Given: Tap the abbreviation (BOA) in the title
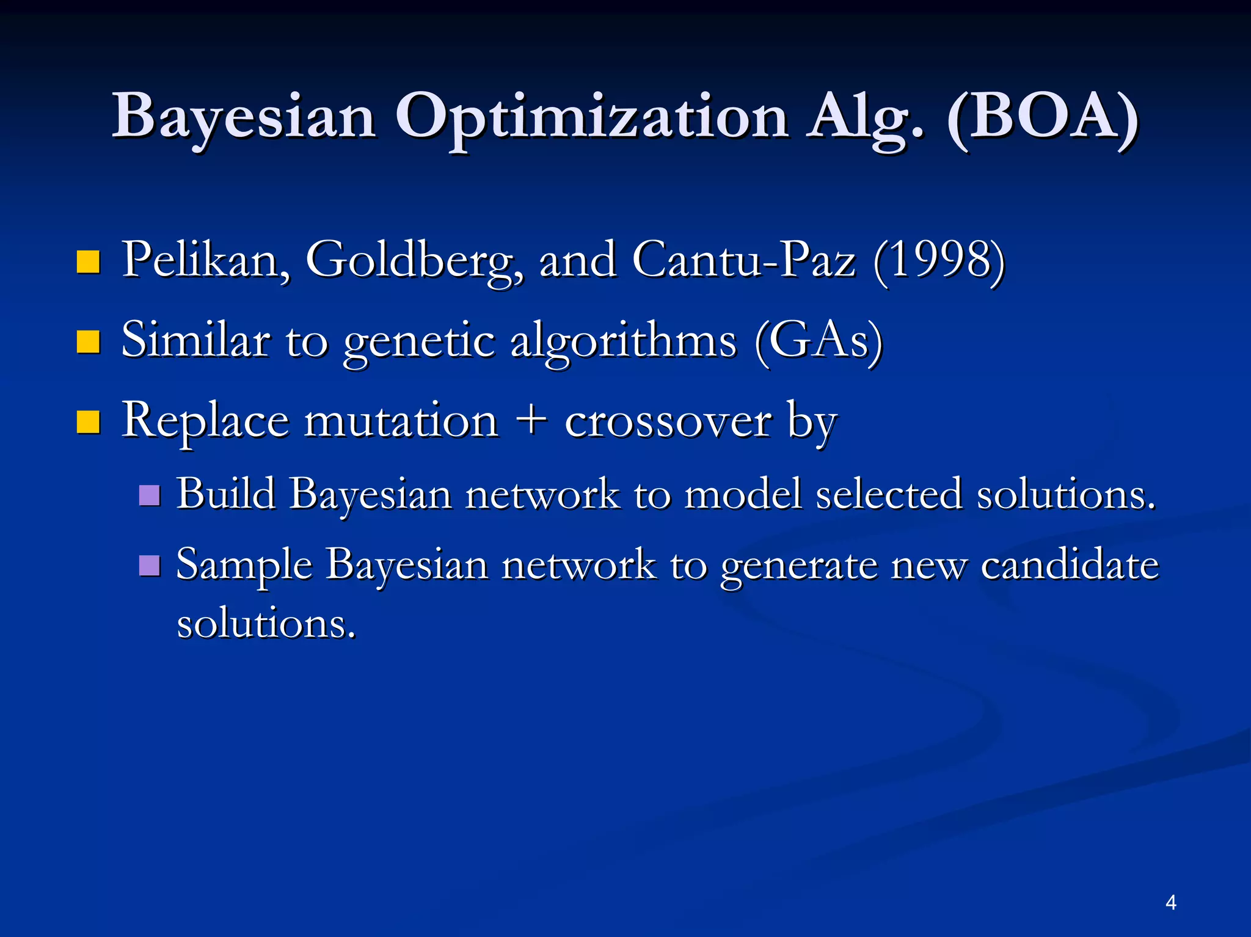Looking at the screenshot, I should [x=1042, y=117].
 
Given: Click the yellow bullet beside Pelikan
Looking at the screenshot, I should [x=89, y=262].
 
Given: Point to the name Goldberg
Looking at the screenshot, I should [x=414, y=261].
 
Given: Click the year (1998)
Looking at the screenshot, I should [x=939, y=261].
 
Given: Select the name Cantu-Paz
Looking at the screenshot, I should [x=743, y=261].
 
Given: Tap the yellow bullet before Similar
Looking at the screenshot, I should [x=89, y=342].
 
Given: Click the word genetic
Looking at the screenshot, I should [x=418, y=342].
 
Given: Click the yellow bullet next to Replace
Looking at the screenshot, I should [x=89, y=422].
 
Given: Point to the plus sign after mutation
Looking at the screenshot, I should [x=531, y=421].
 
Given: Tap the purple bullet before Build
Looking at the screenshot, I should [x=150, y=495].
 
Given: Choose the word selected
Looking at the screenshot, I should [x=889, y=494].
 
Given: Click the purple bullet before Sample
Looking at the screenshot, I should [x=150, y=566].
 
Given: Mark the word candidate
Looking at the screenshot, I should [x=1070, y=565].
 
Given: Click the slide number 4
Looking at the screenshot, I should [x=1170, y=902].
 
